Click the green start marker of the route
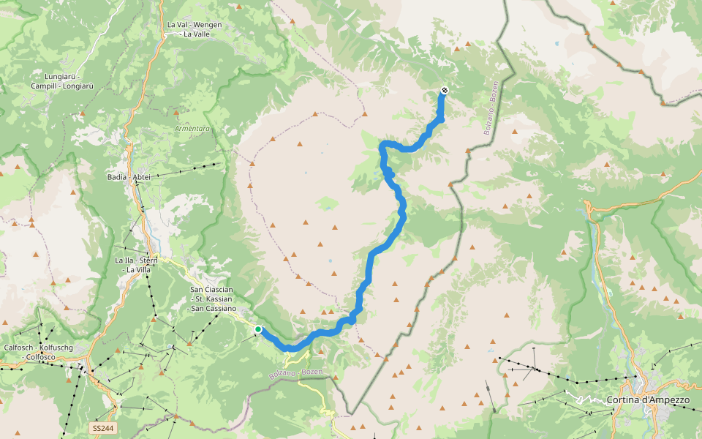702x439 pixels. [x=258, y=330]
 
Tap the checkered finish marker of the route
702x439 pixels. [x=444, y=91]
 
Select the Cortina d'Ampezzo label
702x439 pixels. [x=648, y=400]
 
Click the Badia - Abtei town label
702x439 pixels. [x=129, y=177]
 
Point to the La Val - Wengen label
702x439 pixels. [x=194, y=24]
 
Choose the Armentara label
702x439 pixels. [x=192, y=128]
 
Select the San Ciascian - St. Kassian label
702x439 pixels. [x=212, y=299]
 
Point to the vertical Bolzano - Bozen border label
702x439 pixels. [x=491, y=107]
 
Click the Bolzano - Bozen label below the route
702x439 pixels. [x=295, y=373]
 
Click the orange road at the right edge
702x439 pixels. [x=691, y=179]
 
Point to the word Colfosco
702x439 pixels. [x=39, y=357]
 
